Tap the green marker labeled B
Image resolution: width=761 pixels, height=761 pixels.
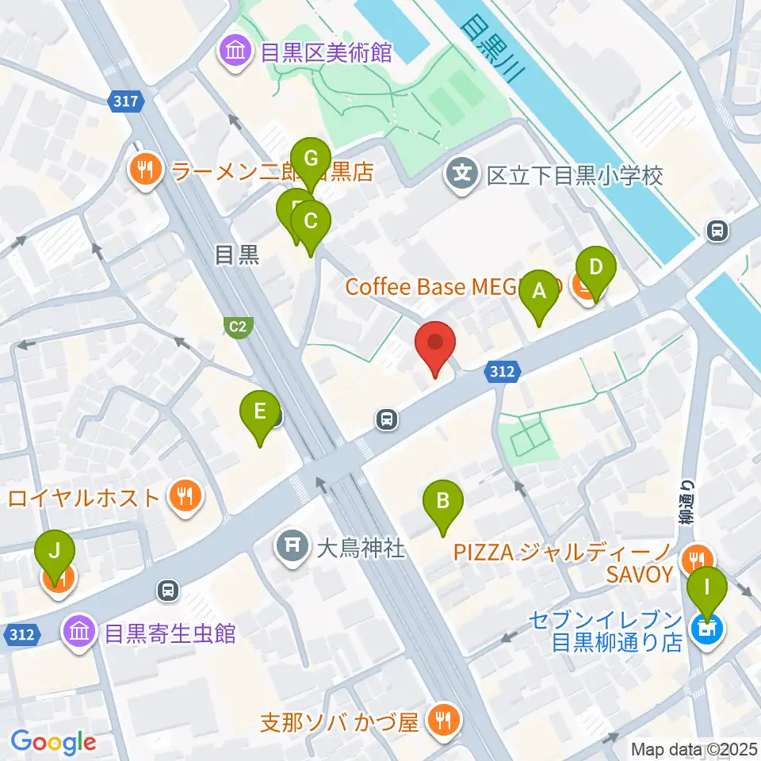coord(443,503)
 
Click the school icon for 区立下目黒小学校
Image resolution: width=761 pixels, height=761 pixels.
coord(462,175)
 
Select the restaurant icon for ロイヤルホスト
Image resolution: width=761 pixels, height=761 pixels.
coord(186,499)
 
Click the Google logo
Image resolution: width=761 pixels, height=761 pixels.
coord(53,742)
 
